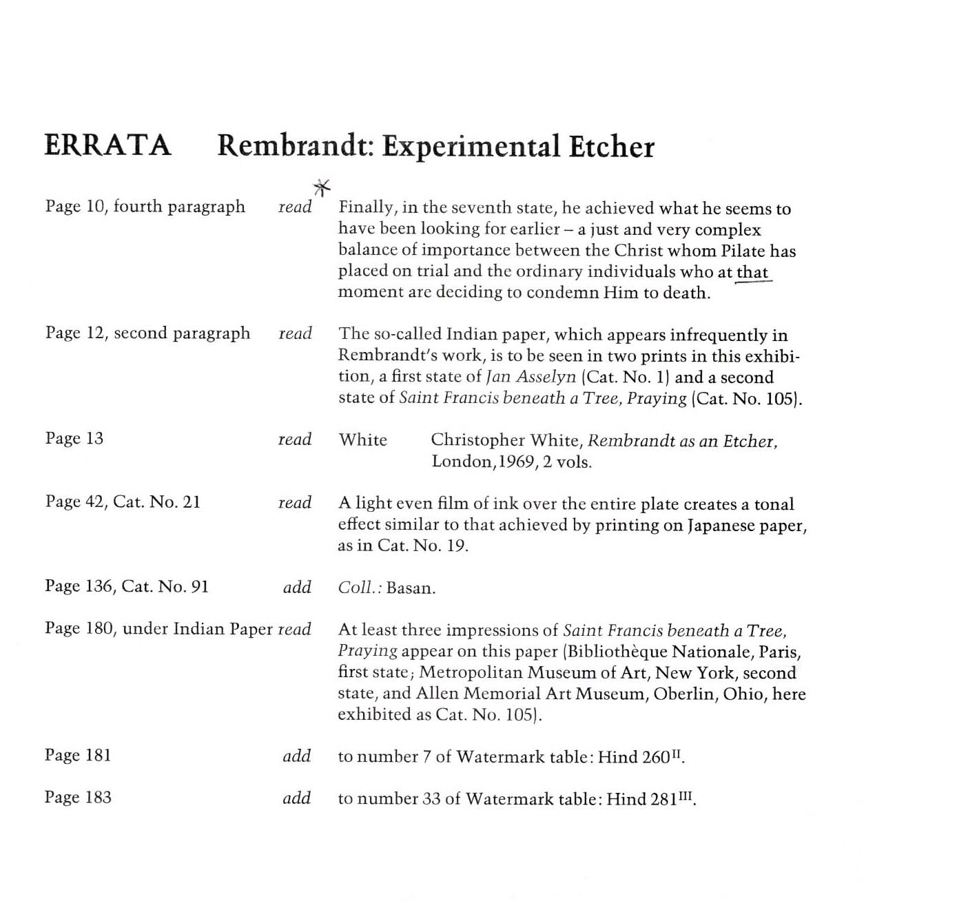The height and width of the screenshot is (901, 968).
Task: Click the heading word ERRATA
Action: [x=107, y=145]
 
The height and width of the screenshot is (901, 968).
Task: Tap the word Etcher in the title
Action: [x=611, y=147]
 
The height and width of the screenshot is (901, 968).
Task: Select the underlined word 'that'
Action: [x=752, y=272]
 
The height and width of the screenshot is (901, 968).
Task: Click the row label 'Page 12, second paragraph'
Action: [x=147, y=333]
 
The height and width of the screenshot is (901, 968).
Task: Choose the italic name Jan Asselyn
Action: [x=531, y=377]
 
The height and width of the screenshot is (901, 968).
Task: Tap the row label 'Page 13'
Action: [x=74, y=438]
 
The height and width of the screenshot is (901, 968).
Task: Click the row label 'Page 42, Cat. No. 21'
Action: [x=123, y=501]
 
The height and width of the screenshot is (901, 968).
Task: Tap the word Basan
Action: [x=411, y=588]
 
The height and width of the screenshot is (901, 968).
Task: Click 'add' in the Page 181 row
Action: [x=297, y=756]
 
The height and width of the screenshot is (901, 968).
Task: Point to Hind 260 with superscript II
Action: [x=640, y=757]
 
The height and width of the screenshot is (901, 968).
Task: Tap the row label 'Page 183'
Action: [x=78, y=797]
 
